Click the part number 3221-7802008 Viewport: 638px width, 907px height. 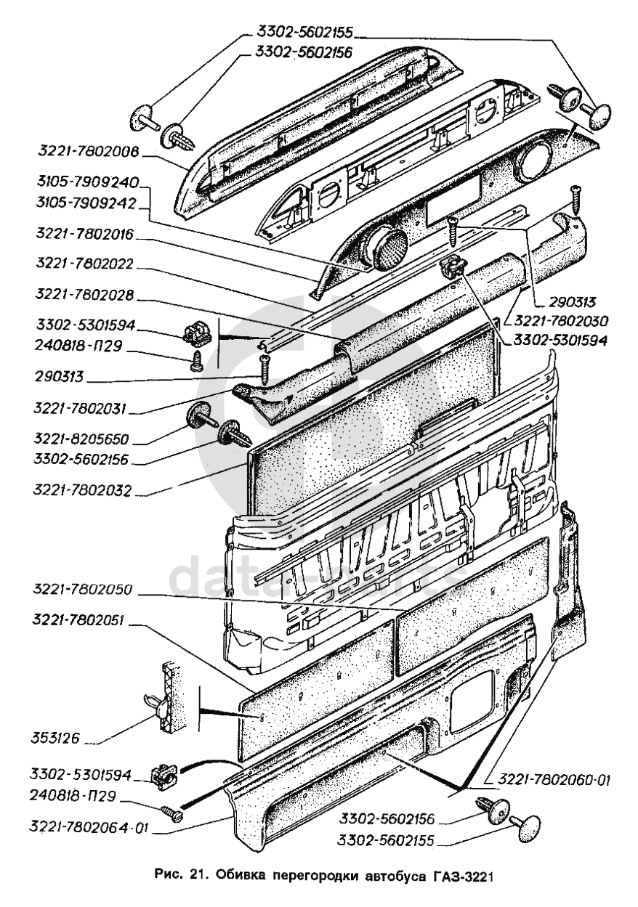tap(89, 152)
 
